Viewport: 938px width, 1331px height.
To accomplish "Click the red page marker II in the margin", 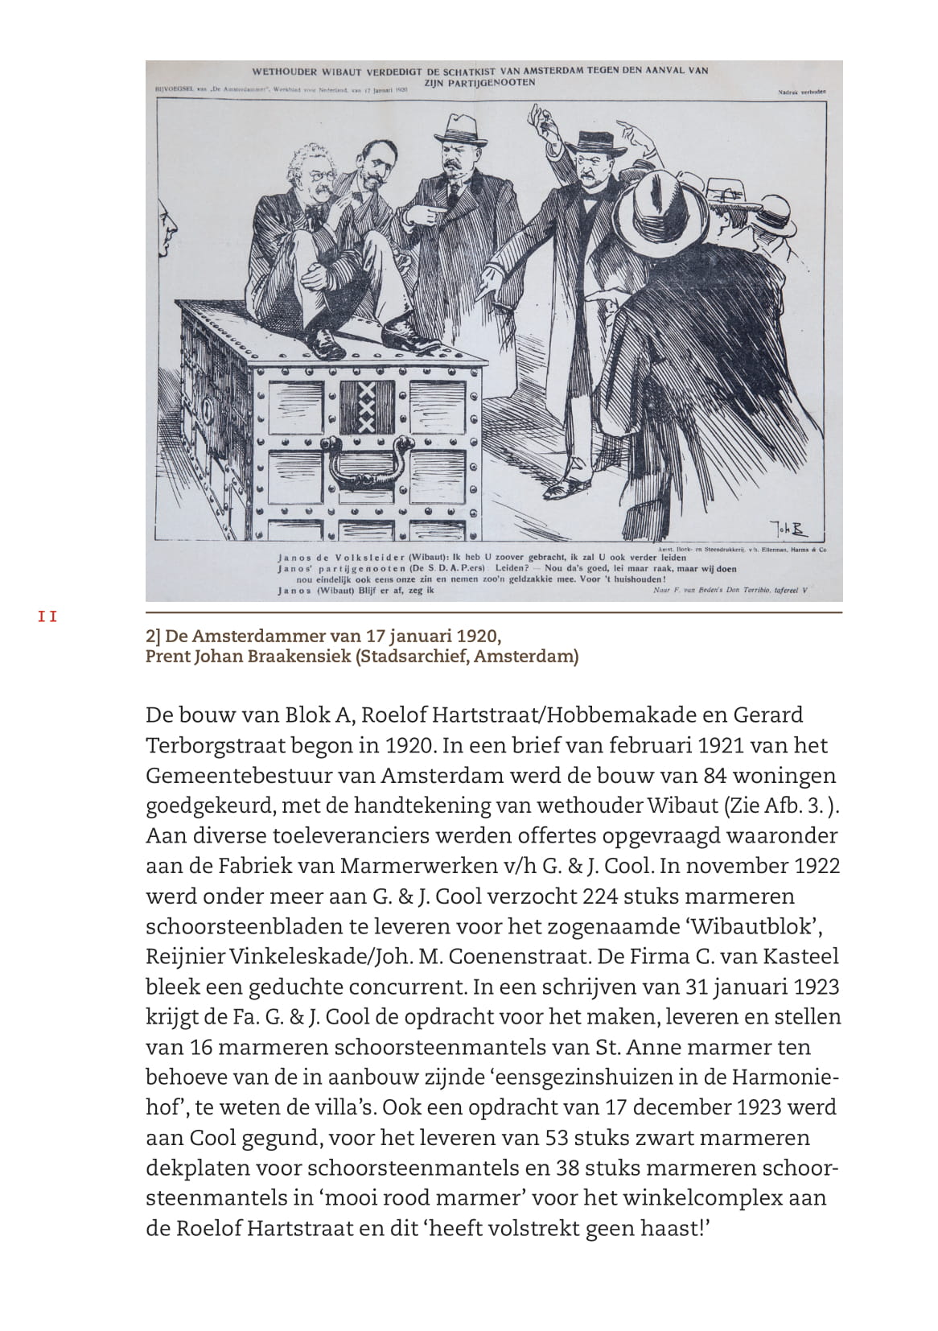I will pos(47,617).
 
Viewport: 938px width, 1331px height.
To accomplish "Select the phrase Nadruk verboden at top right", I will pos(801,92).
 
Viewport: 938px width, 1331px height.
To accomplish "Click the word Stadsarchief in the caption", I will pos(413,656).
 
